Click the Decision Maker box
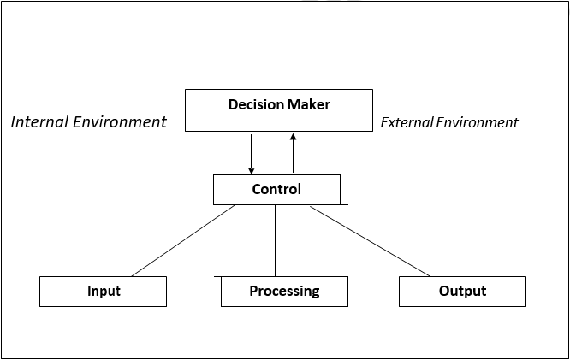(279, 120)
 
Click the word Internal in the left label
(39, 121)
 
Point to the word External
(407, 122)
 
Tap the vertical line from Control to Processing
(275, 241)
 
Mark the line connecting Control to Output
(370, 241)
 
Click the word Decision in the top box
(255, 105)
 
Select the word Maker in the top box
(310, 105)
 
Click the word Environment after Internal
(120, 121)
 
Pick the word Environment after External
(478, 122)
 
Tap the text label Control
(276, 190)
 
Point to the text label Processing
(284, 292)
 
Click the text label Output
(462, 292)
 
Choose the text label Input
(104, 292)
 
